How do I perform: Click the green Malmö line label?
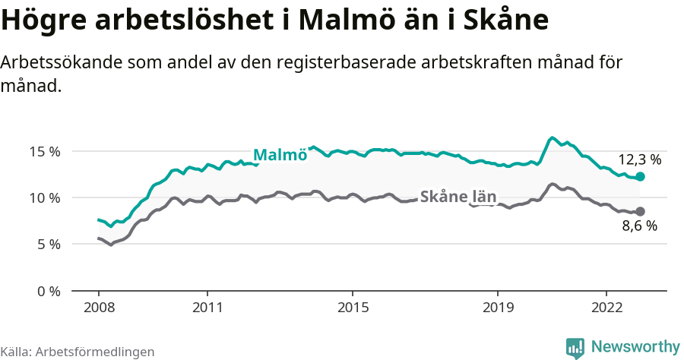[280, 155]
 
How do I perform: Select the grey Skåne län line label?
[458, 197]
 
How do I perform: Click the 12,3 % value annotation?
[639, 160]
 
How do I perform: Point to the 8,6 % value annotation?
[639, 226]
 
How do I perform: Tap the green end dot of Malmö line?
[640, 176]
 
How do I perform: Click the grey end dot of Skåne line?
[640, 211]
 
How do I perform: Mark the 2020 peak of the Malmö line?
[553, 137]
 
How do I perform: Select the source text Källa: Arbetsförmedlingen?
[78, 352]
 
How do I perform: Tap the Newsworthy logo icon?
[575, 348]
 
